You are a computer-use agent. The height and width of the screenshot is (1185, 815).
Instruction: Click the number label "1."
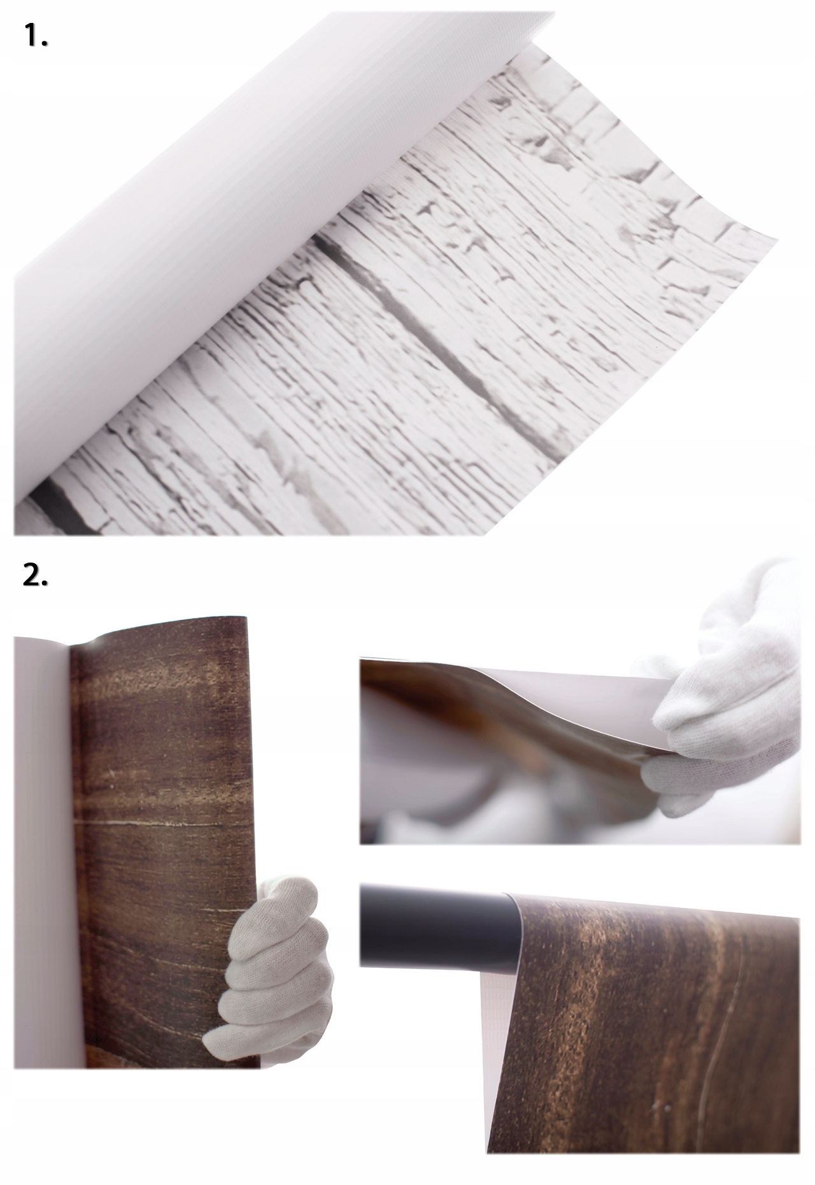point(36,38)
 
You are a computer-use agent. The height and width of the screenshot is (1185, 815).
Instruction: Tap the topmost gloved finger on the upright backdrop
point(287,892)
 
